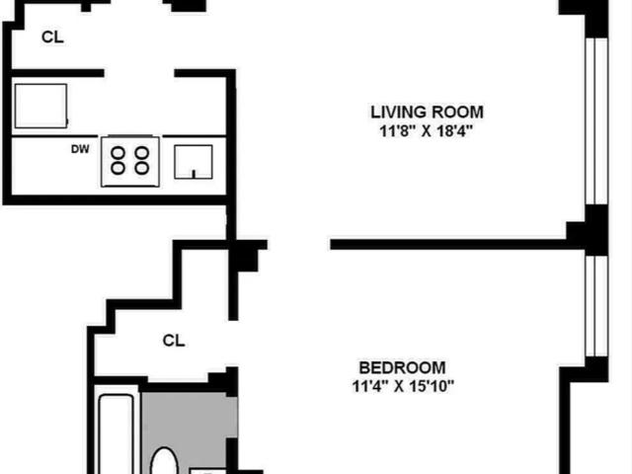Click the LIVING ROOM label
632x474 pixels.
point(427,112)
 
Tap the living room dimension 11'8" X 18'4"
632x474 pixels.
point(426,131)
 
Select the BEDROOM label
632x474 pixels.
point(402,367)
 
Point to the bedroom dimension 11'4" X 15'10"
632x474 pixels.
point(403,386)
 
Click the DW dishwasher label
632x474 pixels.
point(80,149)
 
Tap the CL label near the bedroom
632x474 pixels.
point(174,341)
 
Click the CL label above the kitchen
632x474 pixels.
point(52,38)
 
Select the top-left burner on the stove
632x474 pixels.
point(118,153)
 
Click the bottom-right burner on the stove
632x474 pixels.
point(142,168)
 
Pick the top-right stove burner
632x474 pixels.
point(142,153)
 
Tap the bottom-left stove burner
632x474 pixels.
point(118,168)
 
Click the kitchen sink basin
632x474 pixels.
point(194,162)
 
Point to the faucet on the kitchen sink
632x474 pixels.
point(194,174)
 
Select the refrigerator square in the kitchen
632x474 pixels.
point(40,106)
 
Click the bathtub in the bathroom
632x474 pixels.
point(117,434)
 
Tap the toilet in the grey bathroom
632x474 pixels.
point(164,461)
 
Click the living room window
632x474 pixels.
point(596,121)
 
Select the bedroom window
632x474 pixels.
point(596,306)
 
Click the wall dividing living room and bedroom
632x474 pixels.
point(448,244)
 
